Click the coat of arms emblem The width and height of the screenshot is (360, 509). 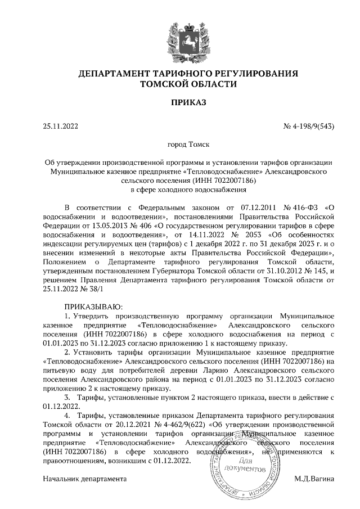(180, 37)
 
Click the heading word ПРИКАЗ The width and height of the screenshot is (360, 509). (180, 103)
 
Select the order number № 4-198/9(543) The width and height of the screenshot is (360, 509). (309, 126)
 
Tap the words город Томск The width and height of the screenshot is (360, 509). (180, 145)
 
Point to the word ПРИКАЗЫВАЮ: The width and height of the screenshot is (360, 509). (91, 307)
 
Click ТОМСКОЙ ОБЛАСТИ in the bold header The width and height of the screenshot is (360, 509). (180, 83)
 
